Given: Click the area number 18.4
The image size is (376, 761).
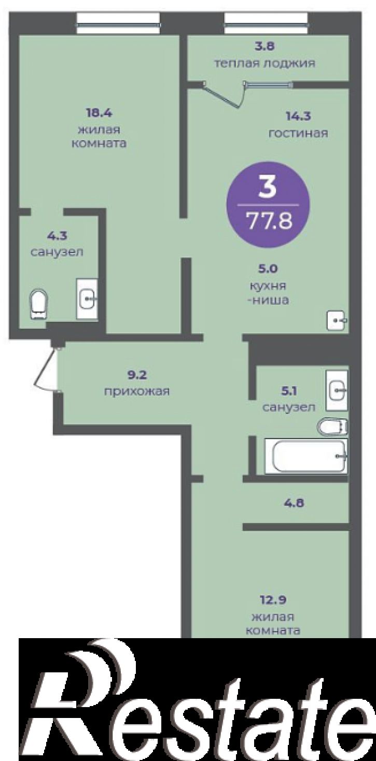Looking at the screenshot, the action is click(99, 113).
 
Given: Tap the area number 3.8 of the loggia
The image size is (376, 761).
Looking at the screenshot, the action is click(265, 46).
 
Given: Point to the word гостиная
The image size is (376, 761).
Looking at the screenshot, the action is click(298, 133).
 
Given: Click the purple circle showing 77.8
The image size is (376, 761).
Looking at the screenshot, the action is click(268, 204).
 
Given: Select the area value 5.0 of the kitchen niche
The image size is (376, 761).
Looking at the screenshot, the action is click(268, 269).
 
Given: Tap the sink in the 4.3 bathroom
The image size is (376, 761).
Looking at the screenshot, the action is click(87, 299).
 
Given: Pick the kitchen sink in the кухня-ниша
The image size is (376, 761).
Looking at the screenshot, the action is click(337, 320).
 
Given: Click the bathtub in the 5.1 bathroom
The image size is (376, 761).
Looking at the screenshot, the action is click(307, 456).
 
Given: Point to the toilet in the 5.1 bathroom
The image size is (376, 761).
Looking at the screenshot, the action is click(333, 426).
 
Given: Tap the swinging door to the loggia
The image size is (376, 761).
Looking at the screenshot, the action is click(225, 94).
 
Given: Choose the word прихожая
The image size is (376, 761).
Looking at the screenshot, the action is click(137, 391).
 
